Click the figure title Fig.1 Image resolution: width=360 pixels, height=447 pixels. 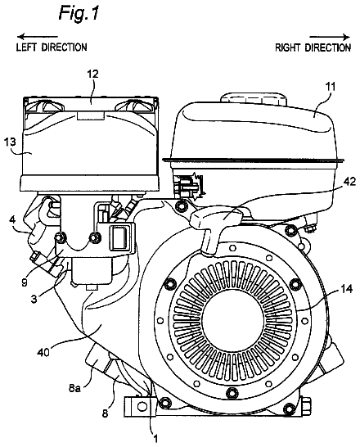[79, 13]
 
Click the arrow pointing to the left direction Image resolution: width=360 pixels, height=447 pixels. [38, 37]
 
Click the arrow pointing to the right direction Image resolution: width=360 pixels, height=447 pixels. [330, 37]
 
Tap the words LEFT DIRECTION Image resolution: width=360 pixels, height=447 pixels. [52, 47]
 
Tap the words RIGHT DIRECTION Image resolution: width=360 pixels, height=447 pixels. [313, 47]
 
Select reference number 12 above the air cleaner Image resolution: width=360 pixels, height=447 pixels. [92, 74]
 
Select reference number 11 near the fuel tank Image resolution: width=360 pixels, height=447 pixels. [331, 86]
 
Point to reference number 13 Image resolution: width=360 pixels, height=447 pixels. [10, 142]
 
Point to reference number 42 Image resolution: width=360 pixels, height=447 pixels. [349, 182]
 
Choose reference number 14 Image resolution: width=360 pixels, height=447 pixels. [346, 289]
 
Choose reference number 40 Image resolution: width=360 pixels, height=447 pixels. [43, 352]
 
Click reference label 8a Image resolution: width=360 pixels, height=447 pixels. [74, 388]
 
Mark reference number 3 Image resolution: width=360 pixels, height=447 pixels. [34, 300]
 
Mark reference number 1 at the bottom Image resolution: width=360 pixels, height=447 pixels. [155, 439]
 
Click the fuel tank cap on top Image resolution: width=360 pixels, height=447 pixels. [254, 97]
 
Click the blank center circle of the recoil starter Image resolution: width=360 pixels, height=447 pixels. [234, 317]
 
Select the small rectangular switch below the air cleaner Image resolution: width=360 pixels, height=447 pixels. [120, 237]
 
